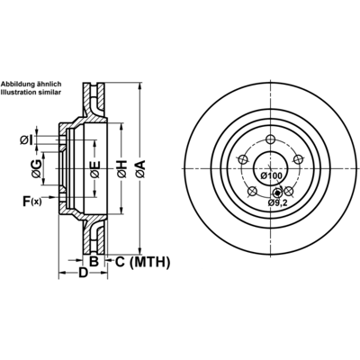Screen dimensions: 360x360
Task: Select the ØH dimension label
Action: [122, 169]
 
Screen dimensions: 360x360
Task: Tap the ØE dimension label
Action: [95, 170]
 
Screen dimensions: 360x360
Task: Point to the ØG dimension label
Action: [36, 168]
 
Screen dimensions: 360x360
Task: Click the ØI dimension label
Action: [26, 139]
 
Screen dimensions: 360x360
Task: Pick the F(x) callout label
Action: [32, 201]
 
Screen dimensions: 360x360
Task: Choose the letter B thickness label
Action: [94, 262]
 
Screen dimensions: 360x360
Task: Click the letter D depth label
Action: [83, 273]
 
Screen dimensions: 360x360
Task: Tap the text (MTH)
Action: [150, 262]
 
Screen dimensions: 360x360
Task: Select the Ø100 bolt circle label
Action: [271, 175]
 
